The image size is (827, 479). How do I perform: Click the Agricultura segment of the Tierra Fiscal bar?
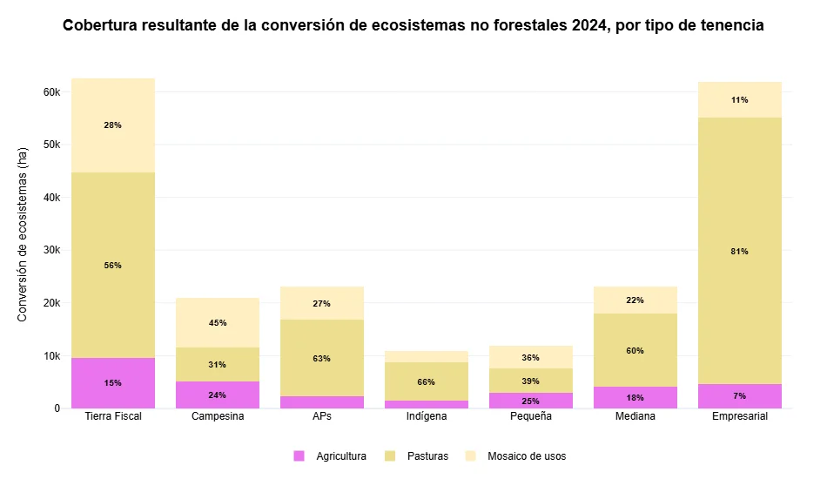pyautogui.click(x=113, y=383)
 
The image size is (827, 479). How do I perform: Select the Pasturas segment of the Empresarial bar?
pyautogui.click(x=740, y=251)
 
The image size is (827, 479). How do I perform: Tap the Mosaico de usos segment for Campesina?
pyautogui.click(x=218, y=322)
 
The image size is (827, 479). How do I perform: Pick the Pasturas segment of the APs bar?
pyautogui.click(x=322, y=358)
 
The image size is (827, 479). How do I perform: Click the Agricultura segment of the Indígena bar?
pyautogui.click(x=427, y=404)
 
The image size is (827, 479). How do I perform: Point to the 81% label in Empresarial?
pyautogui.click(x=740, y=252)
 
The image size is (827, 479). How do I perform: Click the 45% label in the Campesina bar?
pyautogui.click(x=218, y=323)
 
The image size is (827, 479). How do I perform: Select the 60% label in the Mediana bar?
pyautogui.click(x=635, y=351)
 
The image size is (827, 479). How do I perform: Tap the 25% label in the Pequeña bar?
pyautogui.click(x=531, y=401)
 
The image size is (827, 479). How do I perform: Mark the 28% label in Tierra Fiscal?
pyautogui.click(x=113, y=125)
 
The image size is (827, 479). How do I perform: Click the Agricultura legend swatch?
pyautogui.click(x=299, y=456)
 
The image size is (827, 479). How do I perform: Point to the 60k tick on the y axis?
pyautogui.click(x=51, y=92)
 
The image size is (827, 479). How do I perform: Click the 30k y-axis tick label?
pyautogui.click(x=51, y=251)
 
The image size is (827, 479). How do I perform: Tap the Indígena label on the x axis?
pyautogui.click(x=427, y=417)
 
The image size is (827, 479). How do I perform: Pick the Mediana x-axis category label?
pyautogui.click(x=635, y=417)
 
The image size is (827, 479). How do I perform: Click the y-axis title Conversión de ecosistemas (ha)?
pyautogui.click(x=24, y=233)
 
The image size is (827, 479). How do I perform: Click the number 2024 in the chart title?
pyautogui.click(x=589, y=26)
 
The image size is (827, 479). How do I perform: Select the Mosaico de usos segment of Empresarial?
pyautogui.click(x=740, y=99)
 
